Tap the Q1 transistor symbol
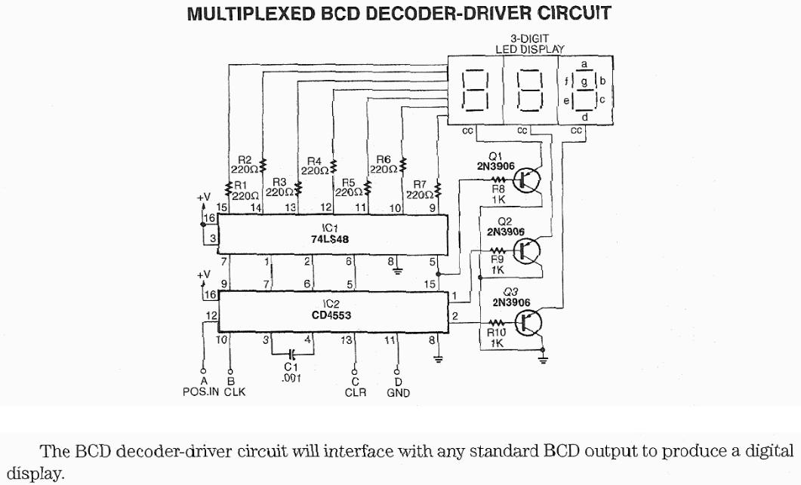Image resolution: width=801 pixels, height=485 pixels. point(526,180)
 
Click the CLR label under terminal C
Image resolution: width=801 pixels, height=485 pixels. point(356,392)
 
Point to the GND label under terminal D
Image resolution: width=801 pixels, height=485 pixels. point(398,392)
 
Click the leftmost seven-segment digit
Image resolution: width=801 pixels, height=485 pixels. point(476,90)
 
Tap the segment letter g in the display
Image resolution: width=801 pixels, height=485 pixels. point(584,79)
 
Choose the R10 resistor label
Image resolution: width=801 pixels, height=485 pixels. point(496,332)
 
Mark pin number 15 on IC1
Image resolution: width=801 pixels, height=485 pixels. point(222,207)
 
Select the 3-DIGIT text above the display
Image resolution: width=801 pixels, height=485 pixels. point(529,38)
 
